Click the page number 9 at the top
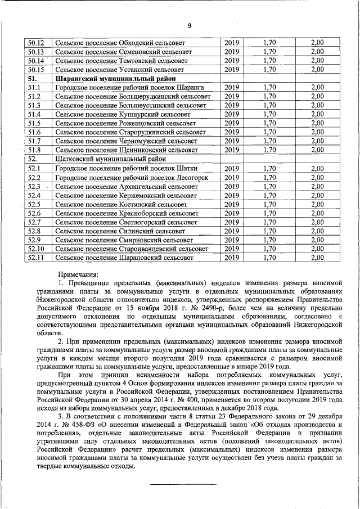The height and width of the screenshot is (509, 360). pos(190,25)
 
